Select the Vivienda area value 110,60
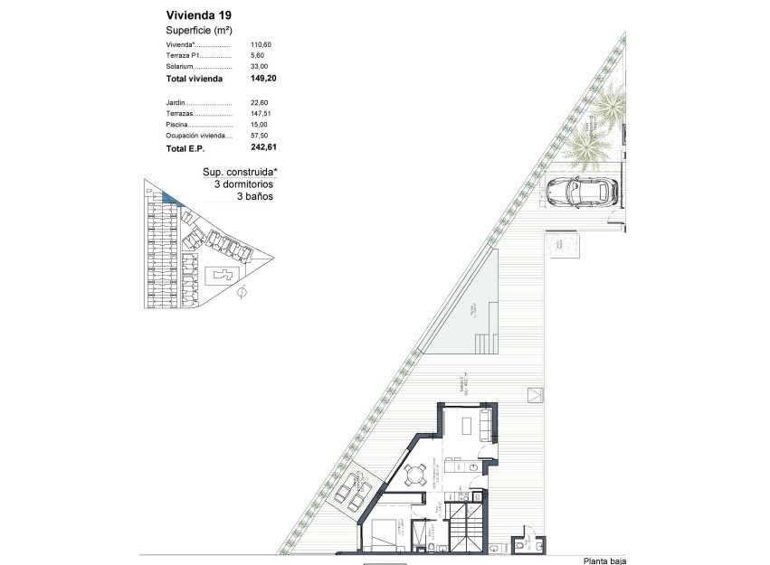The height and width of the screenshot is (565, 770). [260, 44]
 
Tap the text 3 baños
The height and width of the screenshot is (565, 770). [254, 195]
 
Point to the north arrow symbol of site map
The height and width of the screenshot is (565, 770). [242, 292]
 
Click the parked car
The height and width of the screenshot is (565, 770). [584, 191]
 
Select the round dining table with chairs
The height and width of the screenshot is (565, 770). [415, 474]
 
